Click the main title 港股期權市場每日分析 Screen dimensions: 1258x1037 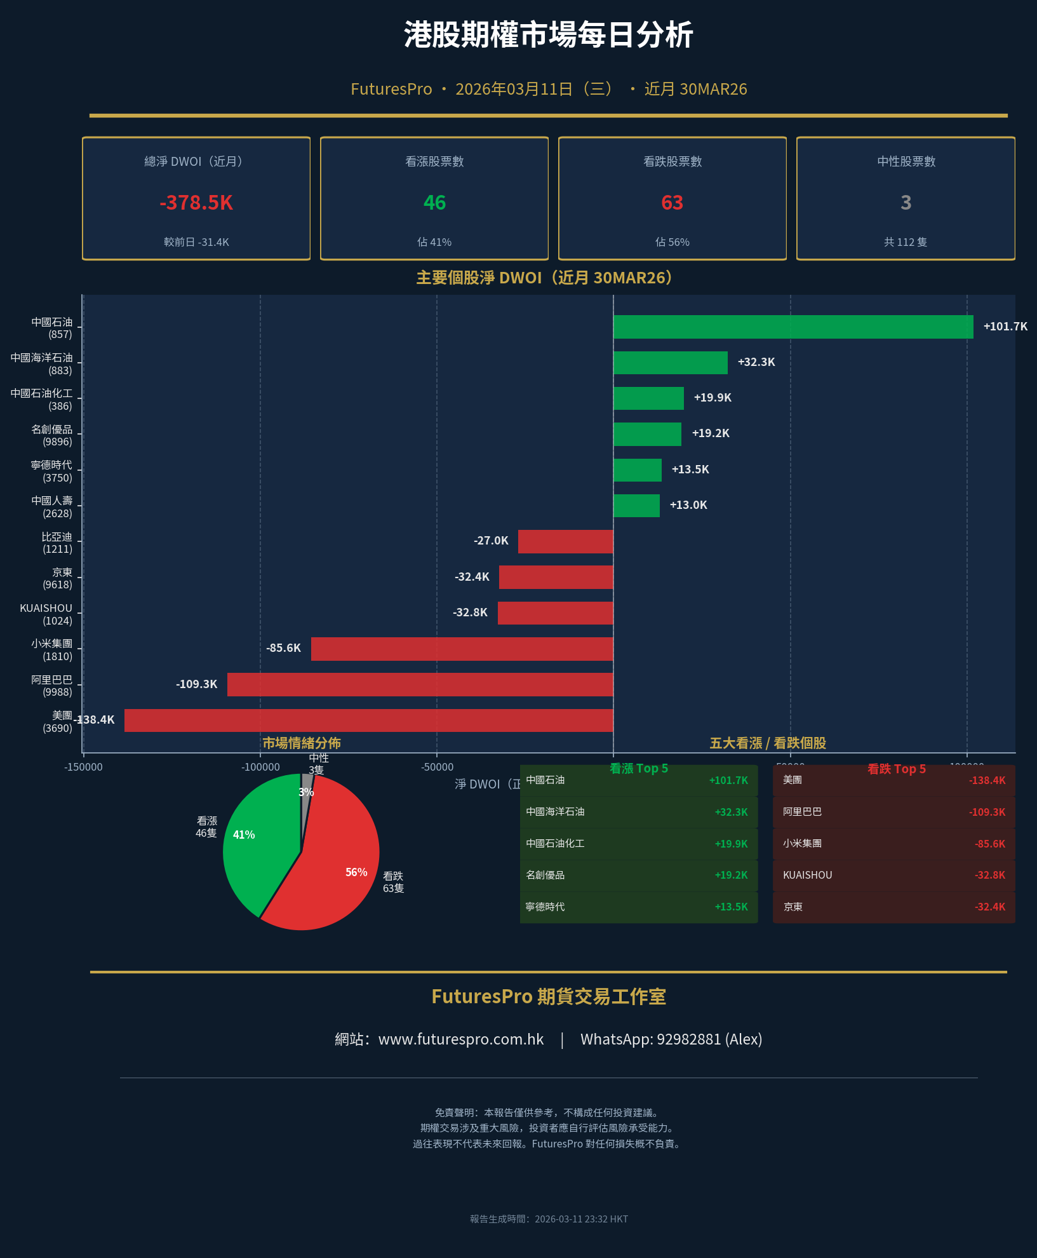pyautogui.click(x=548, y=35)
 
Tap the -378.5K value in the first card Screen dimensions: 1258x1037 pyautogui.click(x=196, y=203)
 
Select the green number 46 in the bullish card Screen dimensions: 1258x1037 pyautogui.click(x=434, y=203)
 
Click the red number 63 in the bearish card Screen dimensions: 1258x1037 pyautogui.click(x=672, y=203)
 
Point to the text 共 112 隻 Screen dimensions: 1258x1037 pyautogui.click(x=905, y=242)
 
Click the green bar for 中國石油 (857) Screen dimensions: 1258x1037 pyautogui.click(x=793, y=327)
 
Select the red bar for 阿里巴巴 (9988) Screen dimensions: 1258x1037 pyautogui.click(x=420, y=684)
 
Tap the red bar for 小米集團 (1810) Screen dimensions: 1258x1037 pyautogui.click(x=462, y=649)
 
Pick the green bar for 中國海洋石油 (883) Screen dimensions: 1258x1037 pyautogui.click(x=670, y=362)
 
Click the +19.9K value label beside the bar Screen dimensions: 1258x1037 pyautogui.click(x=713, y=398)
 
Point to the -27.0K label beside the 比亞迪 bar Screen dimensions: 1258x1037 pyautogui.click(x=491, y=541)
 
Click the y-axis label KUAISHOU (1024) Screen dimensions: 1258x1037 pyautogui.click(x=46, y=614)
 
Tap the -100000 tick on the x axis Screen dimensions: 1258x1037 pyautogui.click(x=260, y=767)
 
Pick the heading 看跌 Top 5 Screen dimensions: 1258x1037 pyautogui.click(x=896, y=769)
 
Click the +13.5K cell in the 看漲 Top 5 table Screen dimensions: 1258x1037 pyautogui.click(x=731, y=907)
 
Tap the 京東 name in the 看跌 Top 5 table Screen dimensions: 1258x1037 pyautogui.click(x=793, y=907)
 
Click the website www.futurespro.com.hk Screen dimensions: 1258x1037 pyautogui.click(x=460, y=1039)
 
